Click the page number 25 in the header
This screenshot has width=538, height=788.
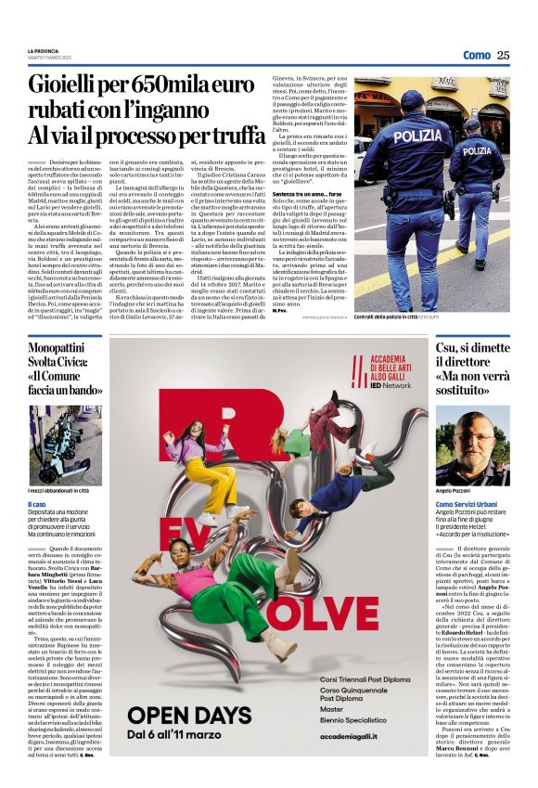point(503,55)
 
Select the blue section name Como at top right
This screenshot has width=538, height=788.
point(476,55)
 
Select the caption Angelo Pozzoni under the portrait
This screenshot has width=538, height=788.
point(455,489)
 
